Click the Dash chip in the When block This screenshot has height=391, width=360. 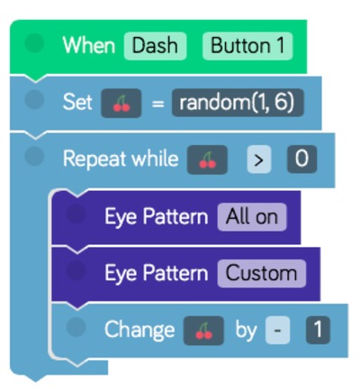click(x=155, y=46)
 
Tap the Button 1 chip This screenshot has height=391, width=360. click(x=247, y=46)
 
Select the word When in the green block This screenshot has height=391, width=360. click(x=89, y=46)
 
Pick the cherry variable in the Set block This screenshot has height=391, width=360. click(x=121, y=103)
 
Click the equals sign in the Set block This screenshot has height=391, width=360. click(x=157, y=104)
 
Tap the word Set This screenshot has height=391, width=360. click(x=77, y=102)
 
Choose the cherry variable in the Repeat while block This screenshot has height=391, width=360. click(x=207, y=159)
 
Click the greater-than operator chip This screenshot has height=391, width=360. click(x=258, y=159)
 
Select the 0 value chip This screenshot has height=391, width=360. click(x=301, y=159)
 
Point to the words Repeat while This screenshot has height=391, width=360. click(x=121, y=159)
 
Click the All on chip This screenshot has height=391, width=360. click(x=252, y=217)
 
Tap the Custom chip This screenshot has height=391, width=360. click(x=262, y=274)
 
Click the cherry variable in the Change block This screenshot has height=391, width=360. click(x=203, y=331)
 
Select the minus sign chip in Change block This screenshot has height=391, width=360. click(x=277, y=330)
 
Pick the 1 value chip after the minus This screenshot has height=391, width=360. click(x=318, y=330)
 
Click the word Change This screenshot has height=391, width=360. click(x=139, y=330)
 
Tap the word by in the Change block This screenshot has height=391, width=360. click(x=246, y=330)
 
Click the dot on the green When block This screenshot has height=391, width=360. click(x=34, y=43)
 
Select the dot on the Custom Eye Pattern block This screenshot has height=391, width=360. click(x=76, y=270)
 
